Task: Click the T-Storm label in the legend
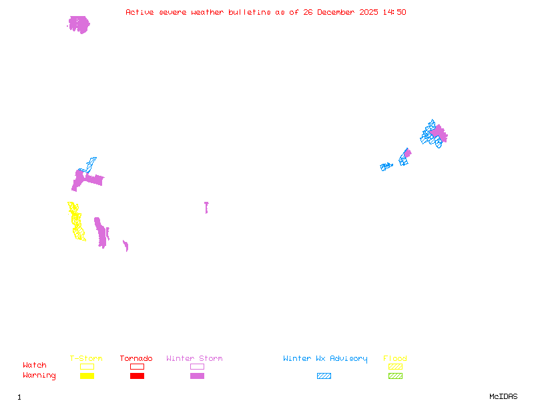[x=86, y=359]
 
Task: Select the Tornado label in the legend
[x=136, y=359]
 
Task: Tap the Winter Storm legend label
[x=194, y=359]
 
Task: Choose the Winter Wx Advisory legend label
[x=325, y=359]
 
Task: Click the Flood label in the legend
[x=395, y=359]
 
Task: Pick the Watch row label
[x=35, y=366]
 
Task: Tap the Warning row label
[x=39, y=376]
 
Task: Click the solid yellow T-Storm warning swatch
[x=87, y=376]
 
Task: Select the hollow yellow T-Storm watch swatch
[x=87, y=366]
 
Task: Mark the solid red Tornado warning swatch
[x=137, y=376]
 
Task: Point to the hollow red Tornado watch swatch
[x=137, y=366]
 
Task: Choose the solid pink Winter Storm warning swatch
[x=197, y=376]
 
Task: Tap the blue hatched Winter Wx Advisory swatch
[x=324, y=376]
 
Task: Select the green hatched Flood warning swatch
[x=395, y=376]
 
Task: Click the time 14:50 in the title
[x=395, y=12]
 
